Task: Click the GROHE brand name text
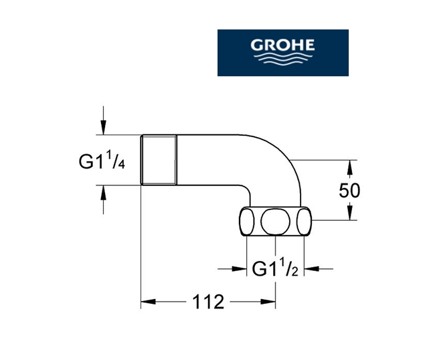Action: coord(282,45)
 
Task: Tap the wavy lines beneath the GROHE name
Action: coord(283,59)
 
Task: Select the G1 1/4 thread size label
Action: coord(102,161)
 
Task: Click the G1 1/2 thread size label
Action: coord(275,267)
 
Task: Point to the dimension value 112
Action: coord(208,302)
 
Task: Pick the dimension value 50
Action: coord(349,190)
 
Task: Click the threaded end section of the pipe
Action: coord(159,160)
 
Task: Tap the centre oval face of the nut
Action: coord(275,221)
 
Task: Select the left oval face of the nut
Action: coord(247,221)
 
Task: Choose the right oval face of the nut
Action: coord(305,221)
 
